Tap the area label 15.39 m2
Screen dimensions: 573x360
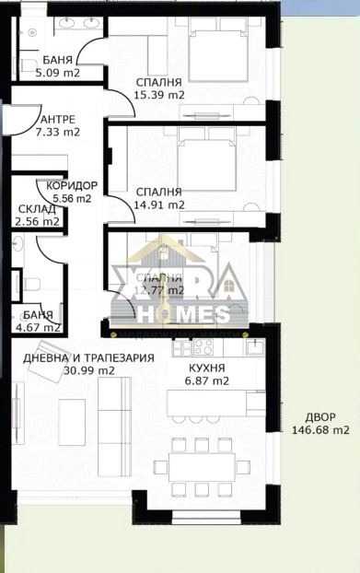(x=159, y=94)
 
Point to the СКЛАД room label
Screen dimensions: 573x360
(x=37, y=209)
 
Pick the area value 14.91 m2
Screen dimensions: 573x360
(x=159, y=205)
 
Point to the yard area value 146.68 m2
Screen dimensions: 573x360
(x=320, y=429)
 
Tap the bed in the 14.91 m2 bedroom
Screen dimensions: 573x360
(x=207, y=157)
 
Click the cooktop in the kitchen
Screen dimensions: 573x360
(x=204, y=348)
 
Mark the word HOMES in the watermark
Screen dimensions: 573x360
(x=181, y=314)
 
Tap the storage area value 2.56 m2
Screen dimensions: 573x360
(x=39, y=221)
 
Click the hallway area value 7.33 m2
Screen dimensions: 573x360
(x=58, y=132)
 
